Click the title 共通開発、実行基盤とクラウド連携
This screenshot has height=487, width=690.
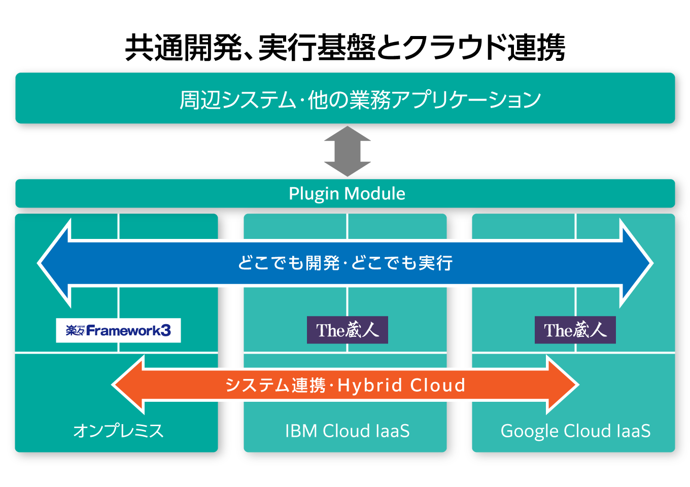click(345, 48)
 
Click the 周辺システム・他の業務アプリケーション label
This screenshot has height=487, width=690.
click(360, 99)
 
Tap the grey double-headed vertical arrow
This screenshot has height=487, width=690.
click(348, 151)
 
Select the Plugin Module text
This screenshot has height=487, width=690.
click(347, 194)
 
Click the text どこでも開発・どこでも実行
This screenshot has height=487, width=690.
click(345, 263)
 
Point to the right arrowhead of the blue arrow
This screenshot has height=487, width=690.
click(636, 263)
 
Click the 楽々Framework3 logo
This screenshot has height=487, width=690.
click(118, 330)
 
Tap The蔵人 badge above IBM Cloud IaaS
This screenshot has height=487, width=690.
click(348, 330)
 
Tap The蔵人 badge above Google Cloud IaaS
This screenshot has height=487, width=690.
click(575, 330)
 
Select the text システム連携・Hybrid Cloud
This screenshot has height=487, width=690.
click(345, 385)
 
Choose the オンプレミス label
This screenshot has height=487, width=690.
click(118, 431)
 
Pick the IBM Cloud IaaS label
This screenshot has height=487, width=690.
click(348, 431)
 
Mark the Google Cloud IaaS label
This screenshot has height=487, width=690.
click(575, 431)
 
